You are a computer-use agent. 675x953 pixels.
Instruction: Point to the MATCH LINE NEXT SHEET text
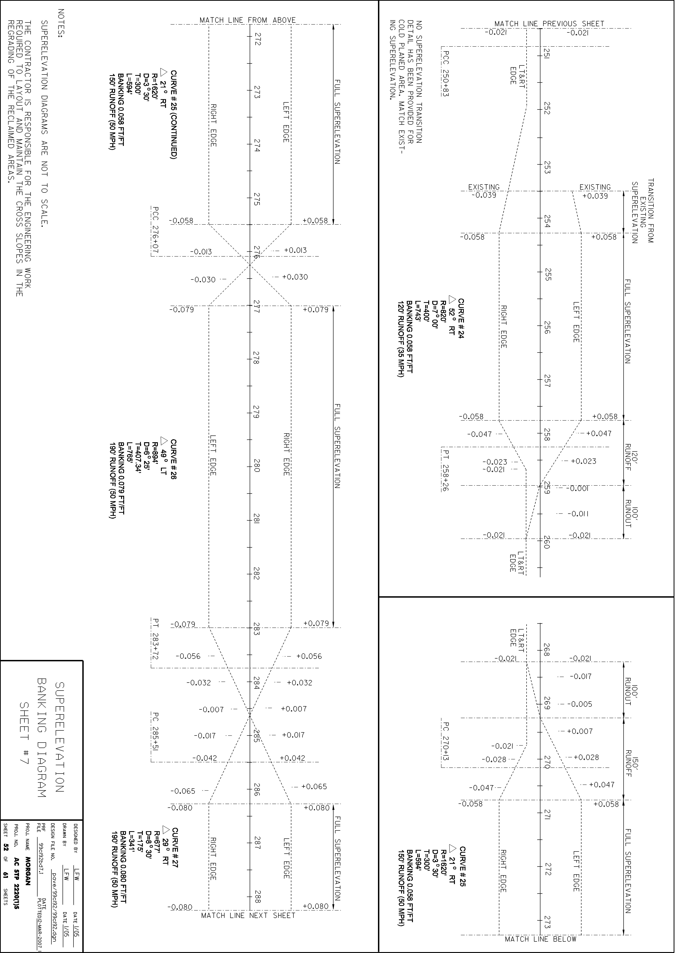coord(248,927)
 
